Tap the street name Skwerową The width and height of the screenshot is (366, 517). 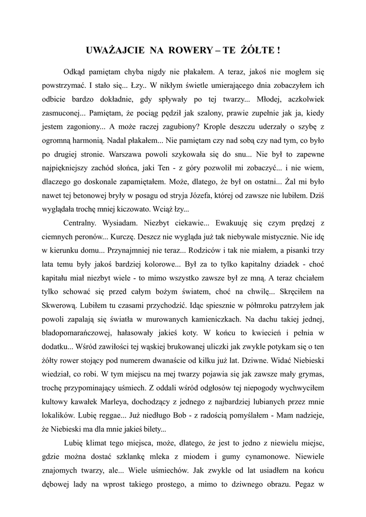click(60, 305)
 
